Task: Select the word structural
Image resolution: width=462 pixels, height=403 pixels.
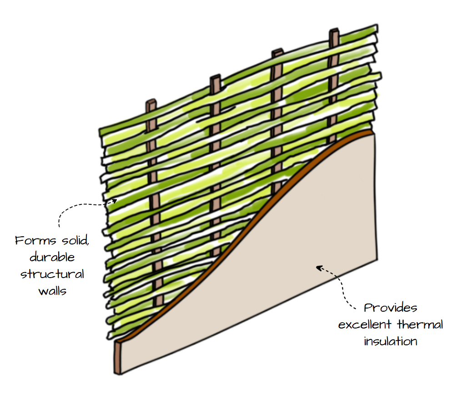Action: [x=52, y=274]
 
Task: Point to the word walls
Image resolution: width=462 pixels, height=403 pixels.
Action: [x=52, y=291]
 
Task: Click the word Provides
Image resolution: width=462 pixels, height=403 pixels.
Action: [x=391, y=308]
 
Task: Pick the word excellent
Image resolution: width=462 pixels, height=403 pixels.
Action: [x=366, y=324]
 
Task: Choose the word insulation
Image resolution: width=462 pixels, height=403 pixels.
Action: [x=391, y=341]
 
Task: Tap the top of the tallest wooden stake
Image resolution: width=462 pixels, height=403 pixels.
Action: [x=335, y=31]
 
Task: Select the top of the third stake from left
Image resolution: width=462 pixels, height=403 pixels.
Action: [x=277, y=52]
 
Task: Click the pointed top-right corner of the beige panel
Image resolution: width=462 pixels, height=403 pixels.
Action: [x=373, y=132]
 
